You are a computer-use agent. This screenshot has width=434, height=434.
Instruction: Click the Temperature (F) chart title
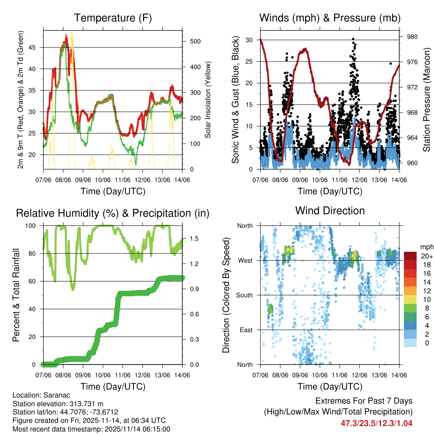pyautogui.click(x=112, y=18)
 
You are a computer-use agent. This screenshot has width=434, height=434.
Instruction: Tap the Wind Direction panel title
pyautogui.click(x=330, y=211)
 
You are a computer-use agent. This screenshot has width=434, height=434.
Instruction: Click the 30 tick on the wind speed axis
pyautogui.click(x=250, y=40)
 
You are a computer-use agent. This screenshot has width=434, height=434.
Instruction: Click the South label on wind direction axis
pyautogui.click(x=245, y=295)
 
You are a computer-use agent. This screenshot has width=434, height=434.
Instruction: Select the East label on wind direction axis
pyautogui.click(x=246, y=330)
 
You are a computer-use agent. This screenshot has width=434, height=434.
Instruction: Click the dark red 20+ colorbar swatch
pyautogui.click(x=410, y=256)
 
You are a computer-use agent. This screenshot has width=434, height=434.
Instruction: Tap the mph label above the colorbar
pyautogui.click(x=426, y=247)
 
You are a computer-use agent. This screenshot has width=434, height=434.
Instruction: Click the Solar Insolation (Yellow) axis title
pyautogui.click(x=208, y=100)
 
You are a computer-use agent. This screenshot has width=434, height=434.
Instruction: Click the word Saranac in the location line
pyautogui.click(x=52, y=395)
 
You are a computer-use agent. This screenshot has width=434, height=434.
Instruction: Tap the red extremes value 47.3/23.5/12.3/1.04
pyautogui.click(x=376, y=423)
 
